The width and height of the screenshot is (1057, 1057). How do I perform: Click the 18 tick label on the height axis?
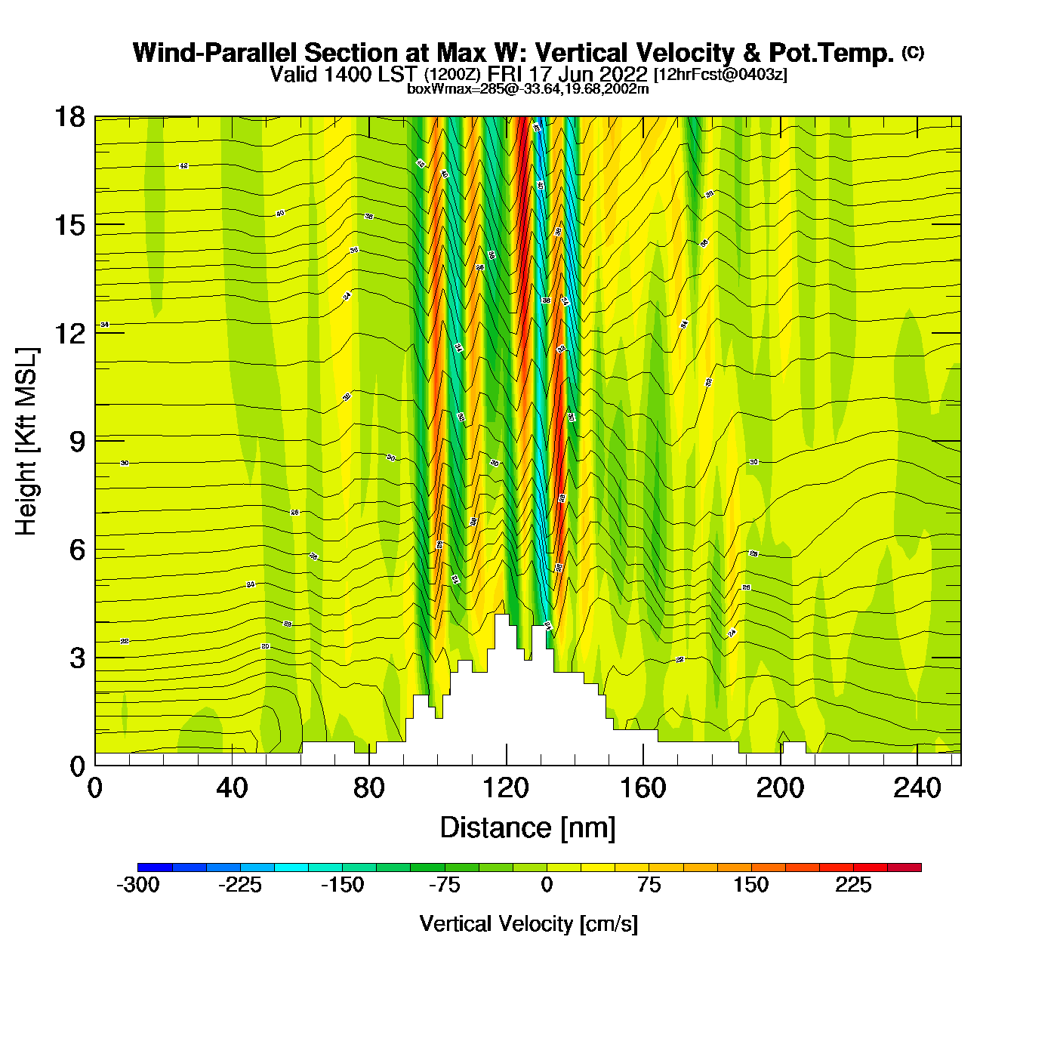click(69, 117)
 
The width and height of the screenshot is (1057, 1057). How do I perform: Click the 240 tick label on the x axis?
click(917, 789)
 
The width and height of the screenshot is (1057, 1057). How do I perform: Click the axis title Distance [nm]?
click(528, 828)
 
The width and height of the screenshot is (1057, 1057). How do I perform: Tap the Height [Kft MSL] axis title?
click(26, 442)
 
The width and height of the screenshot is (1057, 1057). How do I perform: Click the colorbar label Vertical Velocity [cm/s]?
click(528, 924)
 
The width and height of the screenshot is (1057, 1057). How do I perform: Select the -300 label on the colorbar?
click(138, 886)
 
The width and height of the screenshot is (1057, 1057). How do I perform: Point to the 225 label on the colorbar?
click(853, 886)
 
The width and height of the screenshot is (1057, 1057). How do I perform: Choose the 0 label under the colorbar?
click(547, 886)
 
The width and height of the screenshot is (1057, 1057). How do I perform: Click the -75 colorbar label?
click(445, 886)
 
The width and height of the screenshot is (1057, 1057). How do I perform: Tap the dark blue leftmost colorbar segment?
click(155, 867)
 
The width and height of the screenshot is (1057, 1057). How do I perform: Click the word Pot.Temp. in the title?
click(831, 54)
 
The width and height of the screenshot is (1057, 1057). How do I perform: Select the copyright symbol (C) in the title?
click(913, 52)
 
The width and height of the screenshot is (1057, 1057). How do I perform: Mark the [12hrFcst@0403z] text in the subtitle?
click(720, 75)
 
